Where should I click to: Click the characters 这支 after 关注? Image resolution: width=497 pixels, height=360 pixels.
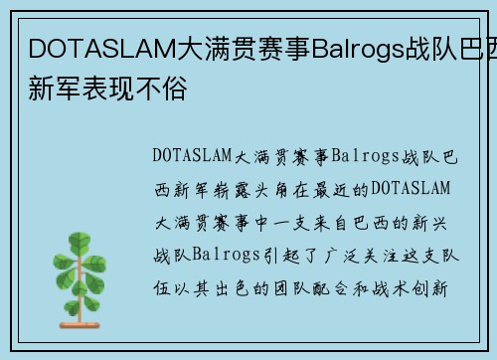pyautogui.click(x=418, y=256)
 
